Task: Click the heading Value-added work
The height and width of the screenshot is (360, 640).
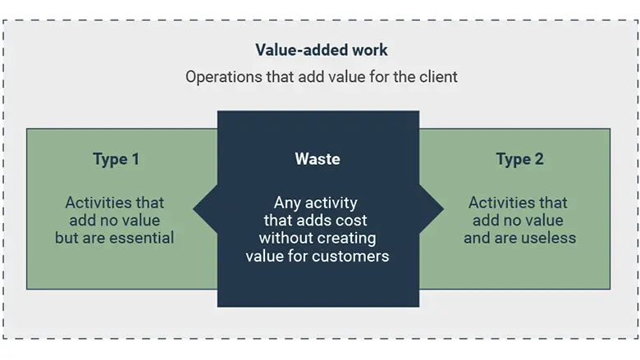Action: click(321, 51)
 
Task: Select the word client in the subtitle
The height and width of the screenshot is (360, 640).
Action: click(436, 77)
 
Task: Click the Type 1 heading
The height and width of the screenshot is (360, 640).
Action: click(116, 159)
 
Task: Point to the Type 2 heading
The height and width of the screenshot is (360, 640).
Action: click(519, 159)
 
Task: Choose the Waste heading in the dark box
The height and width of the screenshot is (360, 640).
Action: click(318, 159)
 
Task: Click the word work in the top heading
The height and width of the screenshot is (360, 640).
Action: click(369, 51)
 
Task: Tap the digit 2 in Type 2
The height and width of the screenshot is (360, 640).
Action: click(538, 159)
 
